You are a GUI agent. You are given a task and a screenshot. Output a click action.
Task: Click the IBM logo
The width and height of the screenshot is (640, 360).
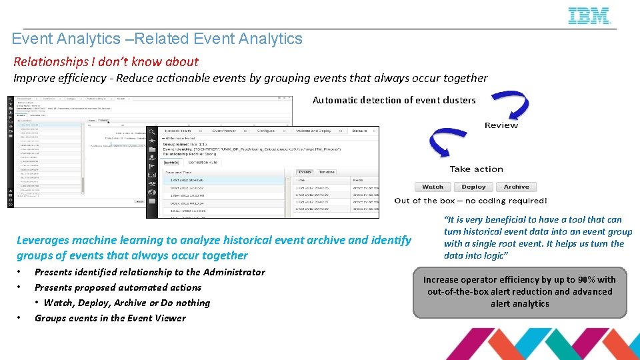pyautogui.click(x=589, y=16)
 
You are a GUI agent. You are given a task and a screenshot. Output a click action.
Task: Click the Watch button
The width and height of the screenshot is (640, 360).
pyautogui.click(x=433, y=187)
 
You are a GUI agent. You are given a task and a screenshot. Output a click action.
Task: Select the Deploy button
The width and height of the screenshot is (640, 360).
pyautogui.click(x=473, y=187)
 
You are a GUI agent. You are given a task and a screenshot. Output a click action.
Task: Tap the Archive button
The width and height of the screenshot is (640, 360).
pyautogui.click(x=516, y=187)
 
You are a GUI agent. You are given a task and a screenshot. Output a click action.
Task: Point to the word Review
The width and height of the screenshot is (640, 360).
pyautogui.click(x=501, y=125)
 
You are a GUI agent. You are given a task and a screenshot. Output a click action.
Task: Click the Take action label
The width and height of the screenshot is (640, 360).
pyautogui.click(x=476, y=169)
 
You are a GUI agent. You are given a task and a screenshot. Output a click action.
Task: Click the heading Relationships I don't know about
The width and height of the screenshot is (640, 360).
pyautogui.click(x=106, y=61)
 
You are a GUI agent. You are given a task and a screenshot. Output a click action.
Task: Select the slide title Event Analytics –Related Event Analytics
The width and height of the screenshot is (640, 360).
pyautogui.click(x=157, y=39)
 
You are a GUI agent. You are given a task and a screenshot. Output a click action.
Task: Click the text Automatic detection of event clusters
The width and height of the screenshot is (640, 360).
pyautogui.click(x=394, y=100)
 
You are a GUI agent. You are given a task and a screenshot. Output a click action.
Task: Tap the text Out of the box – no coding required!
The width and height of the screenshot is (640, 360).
pyautogui.click(x=471, y=201)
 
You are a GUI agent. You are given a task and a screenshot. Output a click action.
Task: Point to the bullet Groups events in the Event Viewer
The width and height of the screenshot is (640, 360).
pyautogui.click(x=110, y=318)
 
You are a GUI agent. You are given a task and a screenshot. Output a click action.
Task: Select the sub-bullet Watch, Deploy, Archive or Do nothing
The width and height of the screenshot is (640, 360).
pyautogui.click(x=127, y=303)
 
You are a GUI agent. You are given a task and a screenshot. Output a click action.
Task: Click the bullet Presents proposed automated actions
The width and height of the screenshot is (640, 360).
pyautogui.click(x=118, y=287)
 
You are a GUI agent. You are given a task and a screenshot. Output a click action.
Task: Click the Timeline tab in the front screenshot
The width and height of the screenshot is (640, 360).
pyautogui.click(x=326, y=171)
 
